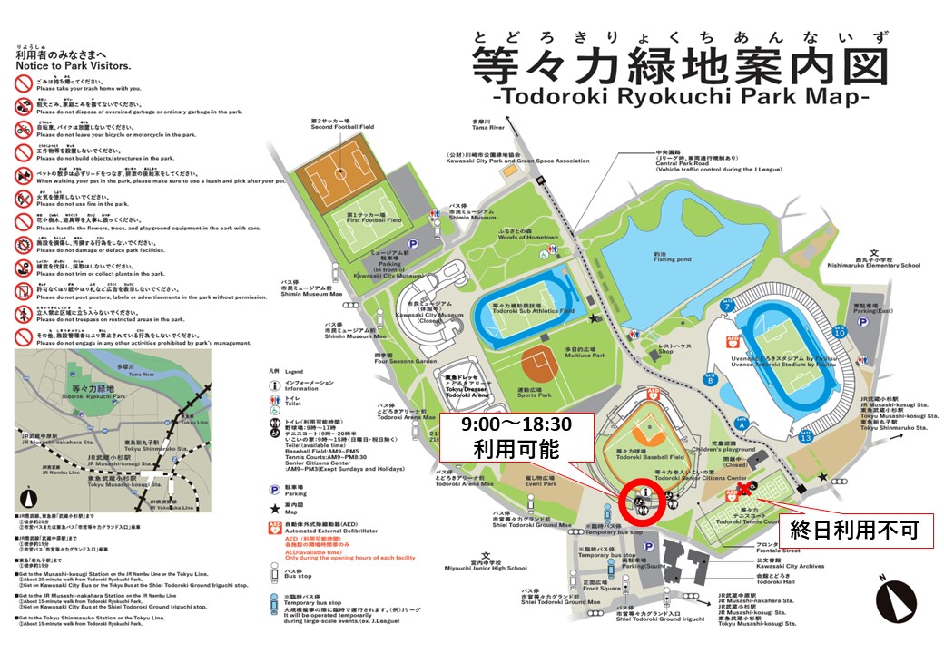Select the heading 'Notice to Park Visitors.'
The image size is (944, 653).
(73, 66)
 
